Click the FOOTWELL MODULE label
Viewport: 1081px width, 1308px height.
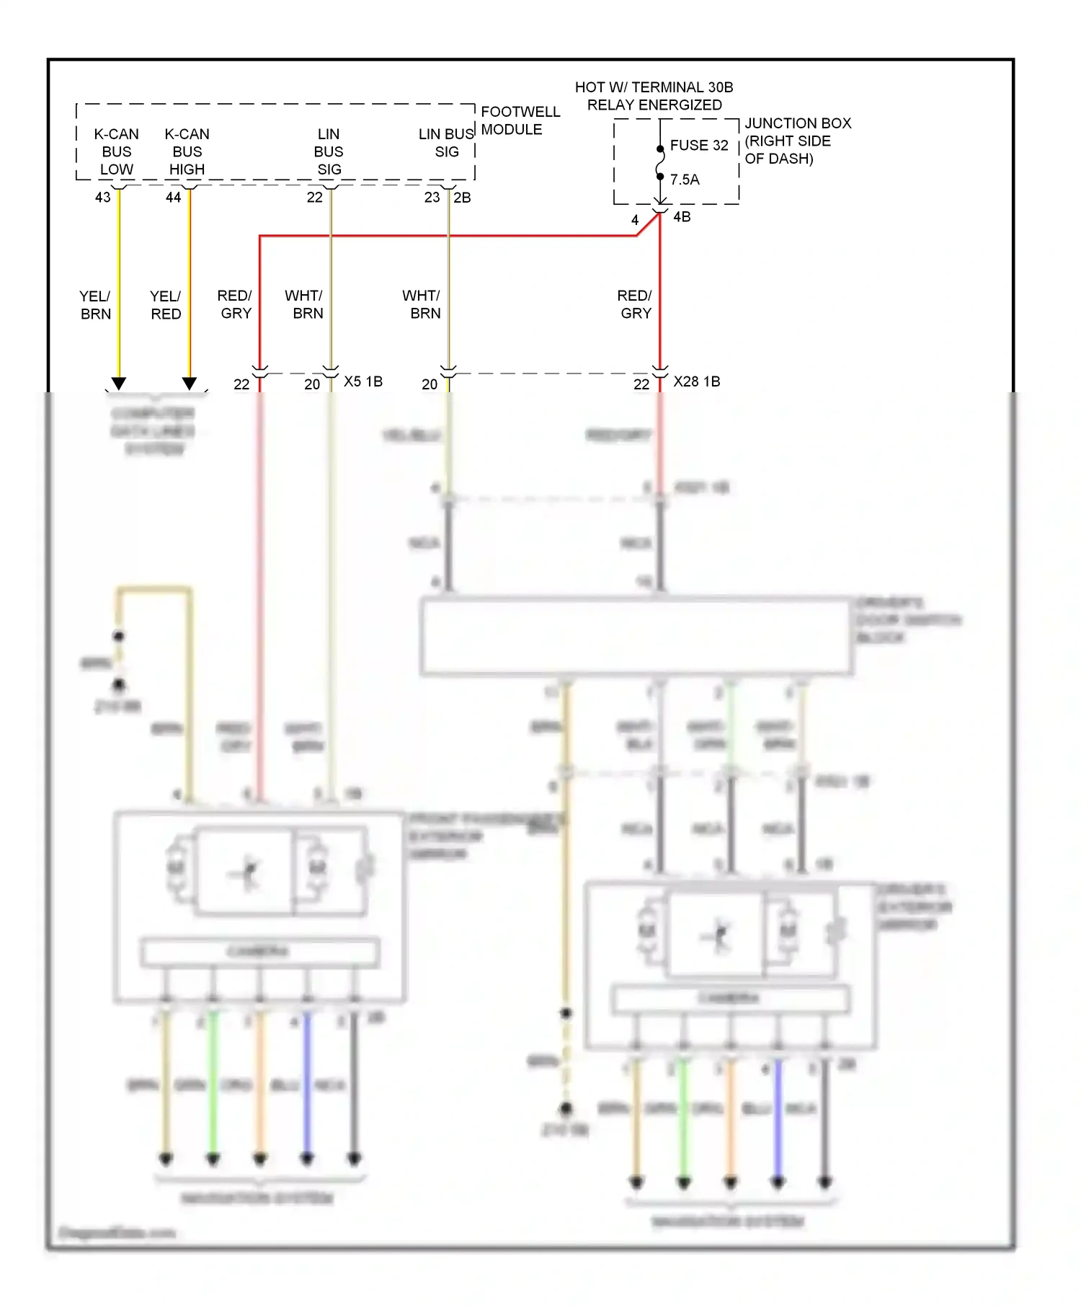click(520, 120)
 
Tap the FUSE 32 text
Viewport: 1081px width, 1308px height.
click(698, 145)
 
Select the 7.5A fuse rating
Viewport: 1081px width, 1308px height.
click(685, 180)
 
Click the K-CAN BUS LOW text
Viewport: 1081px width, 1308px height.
click(116, 151)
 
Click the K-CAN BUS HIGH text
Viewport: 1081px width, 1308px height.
click(187, 151)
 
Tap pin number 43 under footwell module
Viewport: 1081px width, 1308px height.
click(103, 198)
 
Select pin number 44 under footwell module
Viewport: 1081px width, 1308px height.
click(173, 198)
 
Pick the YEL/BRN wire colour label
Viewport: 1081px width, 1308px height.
click(95, 305)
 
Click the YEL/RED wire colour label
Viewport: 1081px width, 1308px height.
click(165, 305)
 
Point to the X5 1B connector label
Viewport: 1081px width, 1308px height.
click(362, 381)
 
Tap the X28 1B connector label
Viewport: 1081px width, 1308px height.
click(696, 381)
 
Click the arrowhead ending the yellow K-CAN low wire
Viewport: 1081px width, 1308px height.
click(119, 384)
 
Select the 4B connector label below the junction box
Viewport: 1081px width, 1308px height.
click(681, 217)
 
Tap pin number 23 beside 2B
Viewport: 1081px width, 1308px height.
click(432, 198)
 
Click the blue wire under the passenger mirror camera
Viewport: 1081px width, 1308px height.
click(307, 1082)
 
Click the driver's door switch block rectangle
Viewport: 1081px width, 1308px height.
click(636, 637)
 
